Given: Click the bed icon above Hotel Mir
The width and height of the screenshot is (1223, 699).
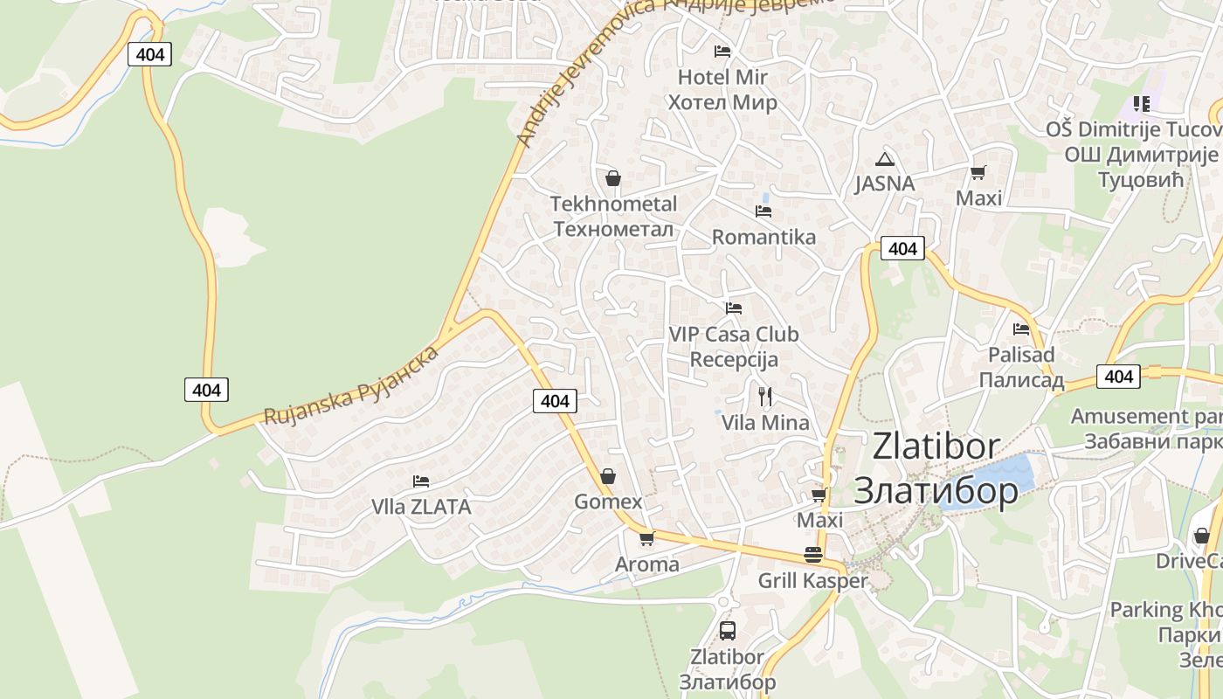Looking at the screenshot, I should pos(722,51).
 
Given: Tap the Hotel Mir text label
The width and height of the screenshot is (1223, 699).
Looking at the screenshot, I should pos(722,77).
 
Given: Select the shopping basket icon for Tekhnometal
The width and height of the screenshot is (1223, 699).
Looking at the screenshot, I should pos(613,178).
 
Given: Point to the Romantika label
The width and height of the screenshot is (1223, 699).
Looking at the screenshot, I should pos(764,237).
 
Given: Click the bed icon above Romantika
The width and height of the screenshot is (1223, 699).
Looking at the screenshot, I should pos(764,211).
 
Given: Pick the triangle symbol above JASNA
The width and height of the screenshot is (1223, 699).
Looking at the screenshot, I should pos(885,159).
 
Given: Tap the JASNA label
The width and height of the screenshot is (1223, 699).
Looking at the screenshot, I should pos(884,183).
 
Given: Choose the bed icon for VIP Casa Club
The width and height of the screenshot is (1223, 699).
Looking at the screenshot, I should pos(734,308).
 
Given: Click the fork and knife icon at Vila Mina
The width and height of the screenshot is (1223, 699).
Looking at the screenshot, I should pos(765,398).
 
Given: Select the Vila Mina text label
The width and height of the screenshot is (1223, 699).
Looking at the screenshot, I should pos(765,423).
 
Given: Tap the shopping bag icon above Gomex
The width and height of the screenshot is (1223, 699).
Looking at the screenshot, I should pos(608,476).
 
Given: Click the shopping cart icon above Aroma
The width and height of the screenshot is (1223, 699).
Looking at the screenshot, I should pos(646,538).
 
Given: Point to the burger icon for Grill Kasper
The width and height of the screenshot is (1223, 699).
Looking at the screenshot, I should pos(813,555).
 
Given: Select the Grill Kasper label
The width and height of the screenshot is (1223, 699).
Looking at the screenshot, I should pos(812,581).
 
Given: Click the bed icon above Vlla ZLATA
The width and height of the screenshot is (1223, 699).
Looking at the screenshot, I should pos(421,481).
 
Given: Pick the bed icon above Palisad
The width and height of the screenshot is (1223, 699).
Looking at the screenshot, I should pos(1021,329).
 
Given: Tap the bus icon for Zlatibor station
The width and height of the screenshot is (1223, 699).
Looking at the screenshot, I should pos(727,630).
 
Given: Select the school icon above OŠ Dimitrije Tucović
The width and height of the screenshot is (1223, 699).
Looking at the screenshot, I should pos(1141,104).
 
